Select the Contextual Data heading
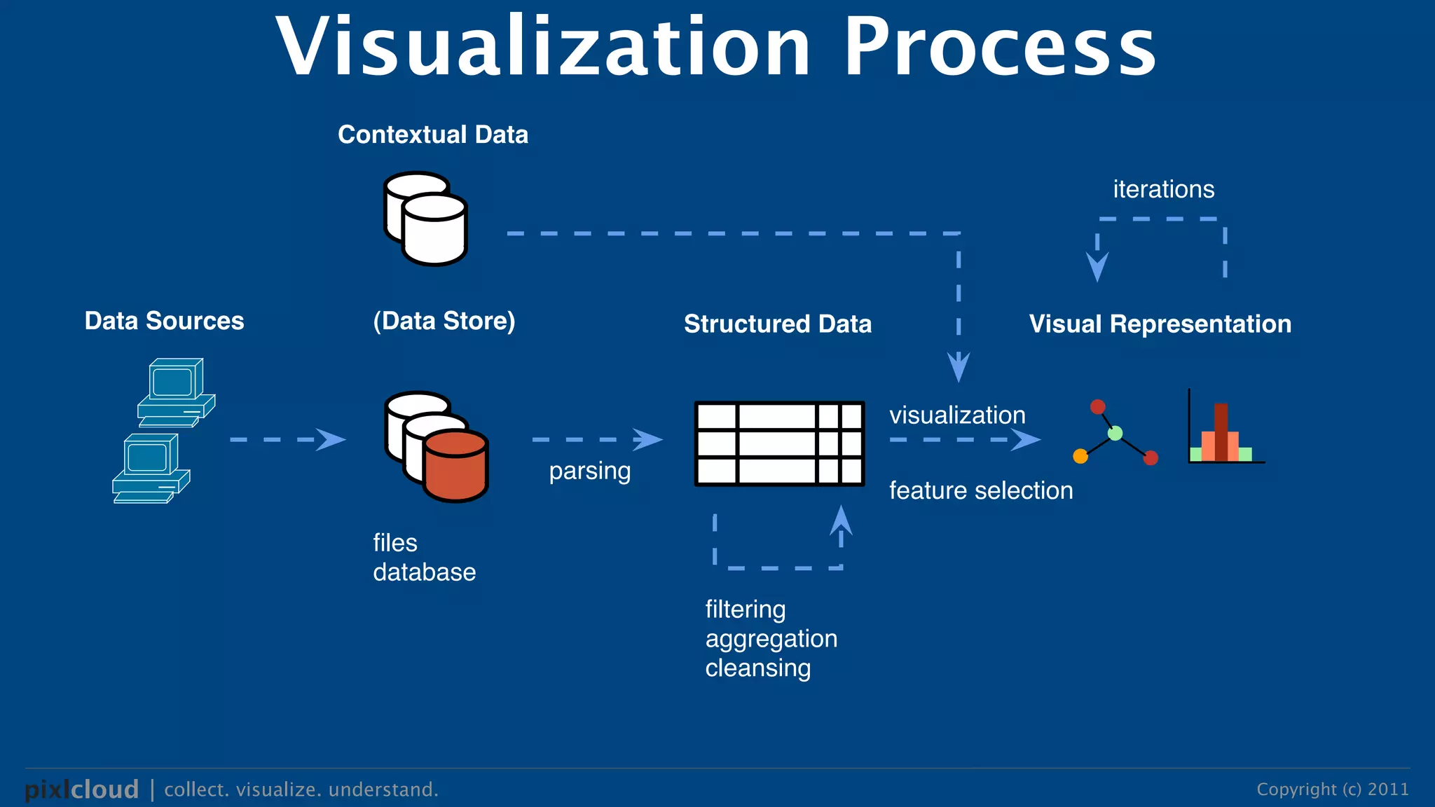[x=432, y=134]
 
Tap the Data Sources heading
[x=164, y=321]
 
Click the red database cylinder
[x=455, y=466]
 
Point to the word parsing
[x=589, y=471]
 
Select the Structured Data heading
[x=777, y=324]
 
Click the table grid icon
[x=778, y=443]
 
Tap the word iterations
[x=1163, y=190]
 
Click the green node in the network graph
[x=1115, y=434]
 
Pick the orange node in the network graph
[x=1080, y=457]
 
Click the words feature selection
[x=980, y=491]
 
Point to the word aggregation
[x=771, y=639]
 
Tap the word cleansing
[x=757, y=668]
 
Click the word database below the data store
[x=424, y=572]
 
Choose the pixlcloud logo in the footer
[x=82, y=789]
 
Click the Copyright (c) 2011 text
[x=1332, y=789]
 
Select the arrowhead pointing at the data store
[x=331, y=440]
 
